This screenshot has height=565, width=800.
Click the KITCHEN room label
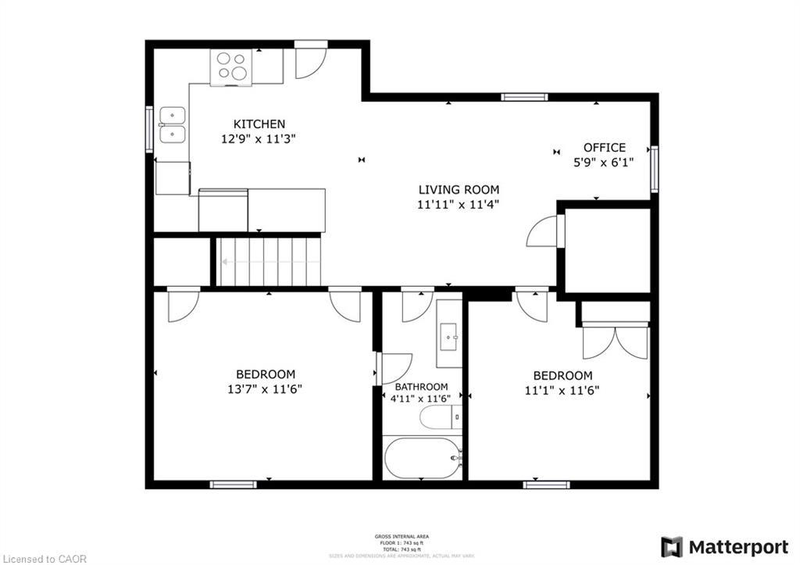tap(259, 123)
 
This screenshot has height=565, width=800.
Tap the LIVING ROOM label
tap(458, 189)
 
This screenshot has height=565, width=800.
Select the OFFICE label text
tap(604, 147)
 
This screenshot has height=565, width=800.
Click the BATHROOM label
tap(421, 387)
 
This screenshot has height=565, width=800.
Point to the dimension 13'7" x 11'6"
tap(266, 389)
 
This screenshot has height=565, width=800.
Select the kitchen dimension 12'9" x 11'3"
tap(259, 138)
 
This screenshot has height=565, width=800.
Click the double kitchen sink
tap(172, 126)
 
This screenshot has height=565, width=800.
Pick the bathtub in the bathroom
tap(423, 457)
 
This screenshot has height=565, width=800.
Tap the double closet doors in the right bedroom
tap(616, 342)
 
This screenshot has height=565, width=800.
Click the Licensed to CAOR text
tap(44, 559)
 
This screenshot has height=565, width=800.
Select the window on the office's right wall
tap(654, 169)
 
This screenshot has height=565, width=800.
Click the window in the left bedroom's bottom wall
tap(233, 485)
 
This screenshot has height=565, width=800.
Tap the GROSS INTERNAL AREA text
tap(401, 536)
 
